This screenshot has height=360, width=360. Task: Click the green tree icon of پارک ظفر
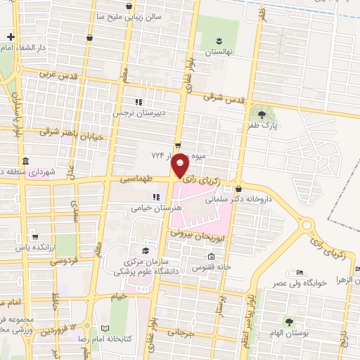pyautogui.click(x=262, y=113)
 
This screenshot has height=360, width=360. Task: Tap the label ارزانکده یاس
pyautogui.click(x=36, y=248)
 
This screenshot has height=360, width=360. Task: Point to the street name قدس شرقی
pyautogui.click(x=226, y=99)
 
